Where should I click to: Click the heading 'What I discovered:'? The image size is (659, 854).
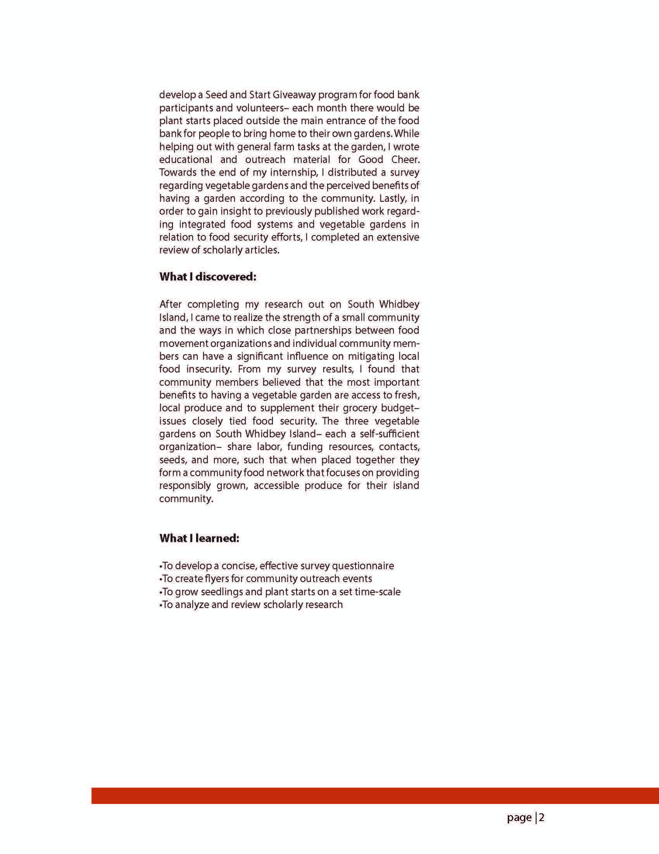click(207, 277)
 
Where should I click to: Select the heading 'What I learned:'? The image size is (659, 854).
click(199, 539)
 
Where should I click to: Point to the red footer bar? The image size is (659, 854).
click(375, 796)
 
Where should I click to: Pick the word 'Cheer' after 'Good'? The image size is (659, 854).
click(405, 159)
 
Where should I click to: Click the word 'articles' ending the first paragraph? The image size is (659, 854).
click(262, 250)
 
